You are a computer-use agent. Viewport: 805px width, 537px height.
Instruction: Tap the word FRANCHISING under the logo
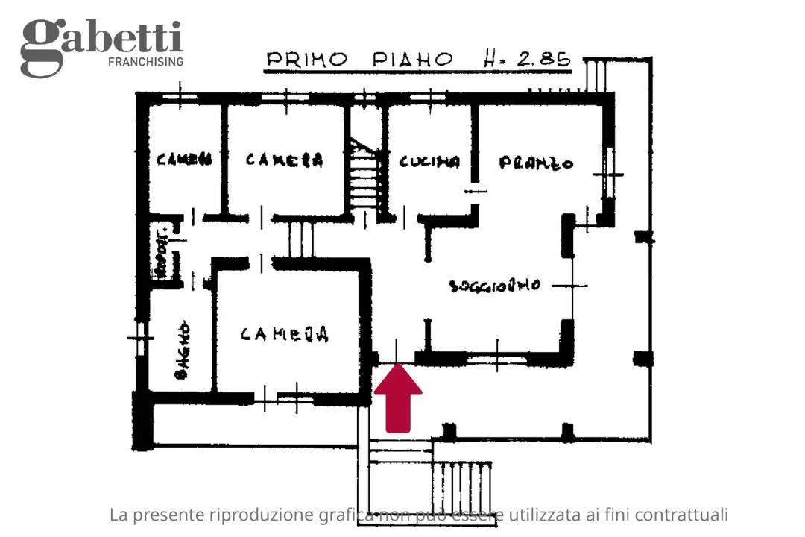(145, 62)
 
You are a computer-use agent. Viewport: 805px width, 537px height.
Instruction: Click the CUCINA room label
(429, 161)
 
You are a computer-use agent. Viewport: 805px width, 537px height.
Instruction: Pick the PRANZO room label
(536, 162)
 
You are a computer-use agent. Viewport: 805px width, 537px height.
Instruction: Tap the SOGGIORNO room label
(494, 285)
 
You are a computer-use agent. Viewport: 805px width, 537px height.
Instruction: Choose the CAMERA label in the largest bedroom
(285, 335)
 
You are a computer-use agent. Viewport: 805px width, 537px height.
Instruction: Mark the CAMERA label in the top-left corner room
(183, 159)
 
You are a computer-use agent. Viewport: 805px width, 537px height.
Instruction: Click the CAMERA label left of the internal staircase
(284, 160)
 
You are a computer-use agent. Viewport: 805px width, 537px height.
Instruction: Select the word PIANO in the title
(414, 59)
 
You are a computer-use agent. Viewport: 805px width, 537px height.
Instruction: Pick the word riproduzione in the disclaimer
(251, 515)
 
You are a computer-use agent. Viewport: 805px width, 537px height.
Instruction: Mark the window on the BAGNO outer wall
(136, 339)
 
